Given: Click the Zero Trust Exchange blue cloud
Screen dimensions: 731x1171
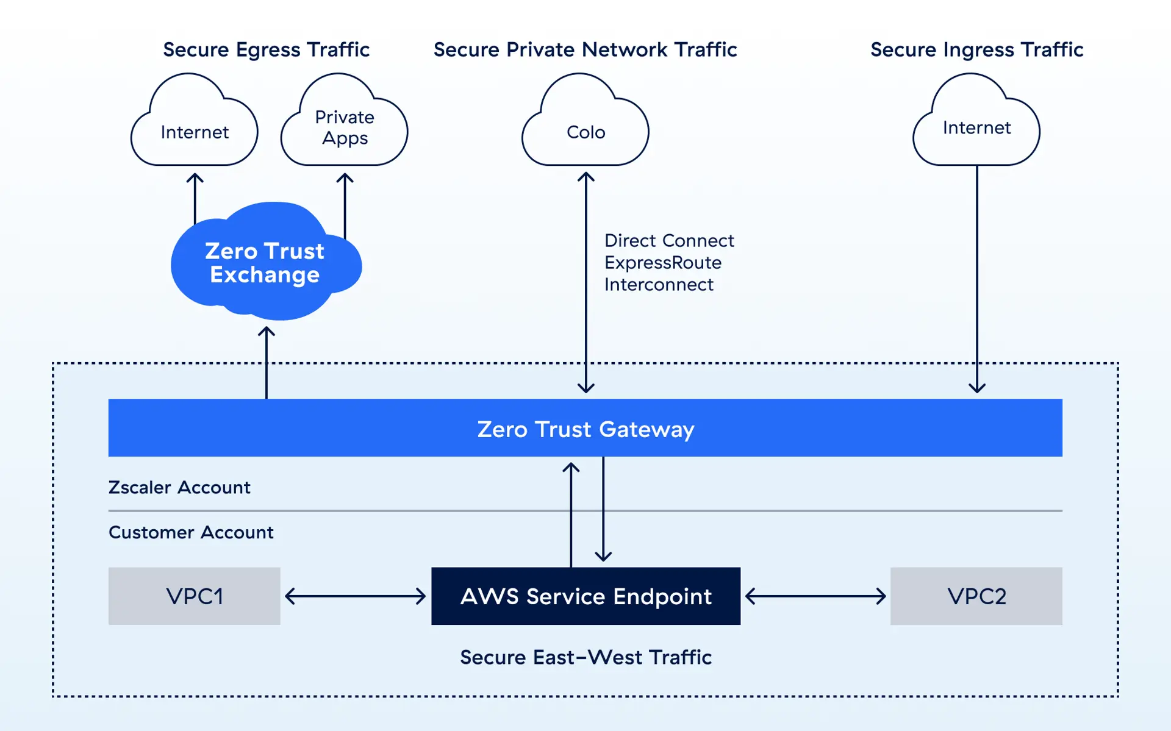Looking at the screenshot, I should [265, 263].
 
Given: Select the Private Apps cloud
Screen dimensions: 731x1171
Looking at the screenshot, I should [345, 127].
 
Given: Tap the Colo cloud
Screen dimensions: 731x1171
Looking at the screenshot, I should [585, 132].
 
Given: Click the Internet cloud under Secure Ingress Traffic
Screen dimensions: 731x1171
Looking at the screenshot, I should [976, 127].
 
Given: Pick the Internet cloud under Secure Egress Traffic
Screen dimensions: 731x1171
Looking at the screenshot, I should [195, 132].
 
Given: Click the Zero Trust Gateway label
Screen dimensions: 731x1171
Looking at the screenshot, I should [585, 429].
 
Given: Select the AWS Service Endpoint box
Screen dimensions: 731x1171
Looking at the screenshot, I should [585, 596].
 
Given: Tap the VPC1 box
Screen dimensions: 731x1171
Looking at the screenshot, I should [194, 596].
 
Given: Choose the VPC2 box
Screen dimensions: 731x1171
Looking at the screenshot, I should [976, 596].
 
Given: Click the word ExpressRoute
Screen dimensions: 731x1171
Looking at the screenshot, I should [663, 263].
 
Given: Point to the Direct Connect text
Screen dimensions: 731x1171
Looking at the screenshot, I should [669, 241].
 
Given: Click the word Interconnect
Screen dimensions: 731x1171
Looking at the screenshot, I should [659, 285].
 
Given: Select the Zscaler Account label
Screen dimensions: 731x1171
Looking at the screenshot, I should [179, 488].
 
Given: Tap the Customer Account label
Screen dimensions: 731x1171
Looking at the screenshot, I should [191, 533].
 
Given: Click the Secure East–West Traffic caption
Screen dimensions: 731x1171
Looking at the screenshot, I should [585, 658].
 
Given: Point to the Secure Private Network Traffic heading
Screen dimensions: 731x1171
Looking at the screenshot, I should [585, 49].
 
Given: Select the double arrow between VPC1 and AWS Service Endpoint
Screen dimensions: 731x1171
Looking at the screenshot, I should [356, 596].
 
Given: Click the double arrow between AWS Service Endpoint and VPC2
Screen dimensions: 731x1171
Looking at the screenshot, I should [815, 596].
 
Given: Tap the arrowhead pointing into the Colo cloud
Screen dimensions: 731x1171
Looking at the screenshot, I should [586, 177].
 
